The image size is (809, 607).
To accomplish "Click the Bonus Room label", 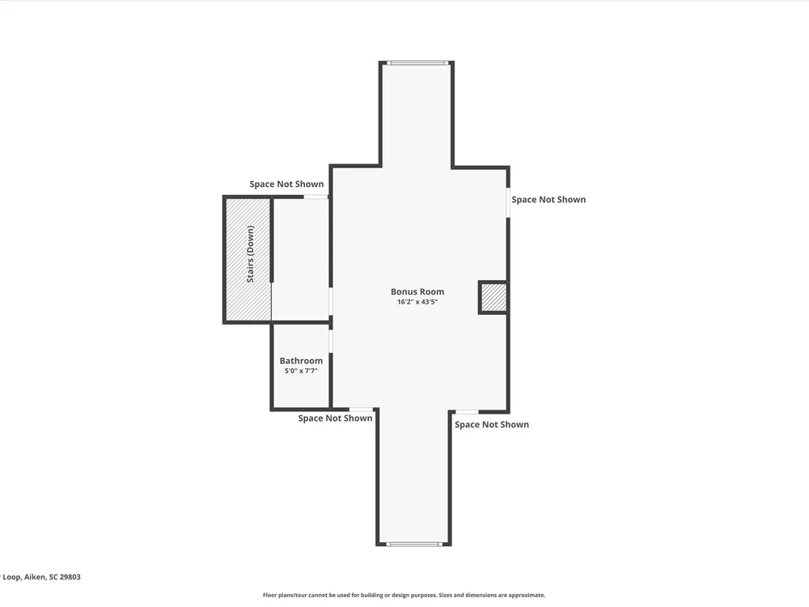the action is [x=417, y=291].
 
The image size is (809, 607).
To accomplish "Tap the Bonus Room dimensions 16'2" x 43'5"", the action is [x=417, y=302].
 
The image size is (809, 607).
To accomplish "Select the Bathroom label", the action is [x=301, y=361].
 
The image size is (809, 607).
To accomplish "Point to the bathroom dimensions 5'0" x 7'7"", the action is [x=301, y=371].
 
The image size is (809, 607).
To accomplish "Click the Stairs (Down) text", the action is [x=251, y=254].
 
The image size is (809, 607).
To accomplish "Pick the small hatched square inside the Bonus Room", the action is [x=493, y=297].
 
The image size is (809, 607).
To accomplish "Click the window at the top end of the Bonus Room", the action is [x=417, y=63].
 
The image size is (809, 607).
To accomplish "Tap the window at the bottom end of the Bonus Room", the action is [x=414, y=544].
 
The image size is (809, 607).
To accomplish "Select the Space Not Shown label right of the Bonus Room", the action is [x=549, y=200].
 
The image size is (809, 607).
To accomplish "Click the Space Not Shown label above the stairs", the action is [x=286, y=185].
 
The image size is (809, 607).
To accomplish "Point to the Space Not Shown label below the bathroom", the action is [x=335, y=418].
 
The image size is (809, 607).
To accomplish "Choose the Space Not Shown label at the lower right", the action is [x=492, y=424].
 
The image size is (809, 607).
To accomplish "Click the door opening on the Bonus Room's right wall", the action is [x=508, y=202].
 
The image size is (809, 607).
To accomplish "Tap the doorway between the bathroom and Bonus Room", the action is [x=331, y=341].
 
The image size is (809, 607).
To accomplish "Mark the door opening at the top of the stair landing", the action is [x=316, y=197].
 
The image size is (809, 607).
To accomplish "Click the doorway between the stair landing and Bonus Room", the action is [x=331, y=301].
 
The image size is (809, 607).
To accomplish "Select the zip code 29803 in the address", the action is [x=70, y=577].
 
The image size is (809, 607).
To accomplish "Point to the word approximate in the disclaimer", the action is [x=527, y=595].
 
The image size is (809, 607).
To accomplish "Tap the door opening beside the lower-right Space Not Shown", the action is [x=467, y=412].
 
